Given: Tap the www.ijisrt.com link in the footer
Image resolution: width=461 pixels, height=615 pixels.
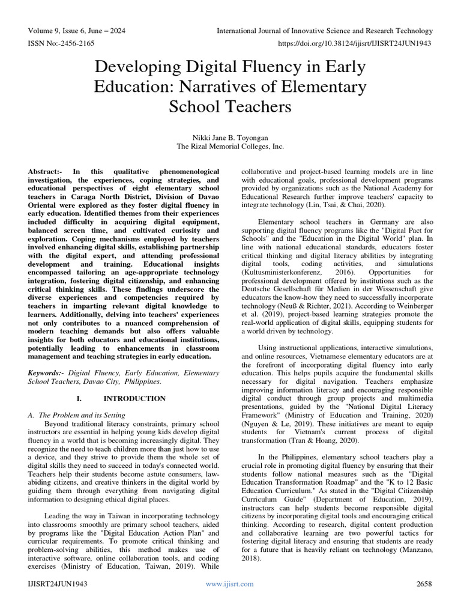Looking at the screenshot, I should point(230,584).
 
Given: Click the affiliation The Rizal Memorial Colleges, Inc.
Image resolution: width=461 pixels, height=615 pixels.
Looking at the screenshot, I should point(230,146).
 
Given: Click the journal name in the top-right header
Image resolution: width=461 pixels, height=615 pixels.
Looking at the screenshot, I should point(324,31).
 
